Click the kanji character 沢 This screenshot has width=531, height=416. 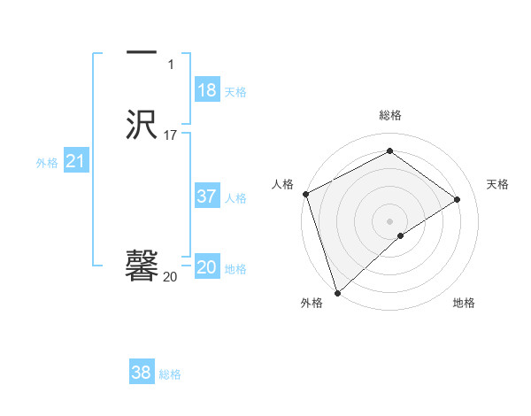pyautogui.click(x=142, y=126)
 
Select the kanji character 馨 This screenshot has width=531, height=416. pyautogui.click(x=142, y=266)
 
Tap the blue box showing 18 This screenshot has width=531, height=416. pyautogui.click(x=207, y=90)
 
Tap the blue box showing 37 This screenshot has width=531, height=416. pyautogui.click(x=207, y=196)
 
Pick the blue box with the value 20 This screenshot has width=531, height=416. pyautogui.click(x=207, y=267)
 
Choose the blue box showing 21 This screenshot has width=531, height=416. pyautogui.click(x=75, y=161)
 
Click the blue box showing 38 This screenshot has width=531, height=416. pyautogui.click(x=142, y=373)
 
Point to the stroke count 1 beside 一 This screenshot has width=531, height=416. pyautogui.click(x=170, y=65)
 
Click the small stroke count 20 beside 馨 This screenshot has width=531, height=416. pyautogui.click(x=170, y=277)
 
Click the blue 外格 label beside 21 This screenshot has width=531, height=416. pyautogui.click(x=47, y=163)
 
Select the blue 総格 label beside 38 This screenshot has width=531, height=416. pyautogui.click(x=170, y=374)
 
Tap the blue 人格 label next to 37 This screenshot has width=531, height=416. pyautogui.click(x=235, y=198)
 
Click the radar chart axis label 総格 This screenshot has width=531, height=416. pyautogui.click(x=390, y=115)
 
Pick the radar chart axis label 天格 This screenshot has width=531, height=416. pyautogui.click(x=497, y=184)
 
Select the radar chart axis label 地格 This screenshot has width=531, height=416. pyautogui.click(x=464, y=303)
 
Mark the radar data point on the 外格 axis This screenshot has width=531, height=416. pyautogui.click(x=336, y=292)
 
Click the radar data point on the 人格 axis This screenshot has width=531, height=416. pyautogui.click(x=305, y=194)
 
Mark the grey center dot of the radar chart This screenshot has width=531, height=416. pyautogui.click(x=390, y=220)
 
